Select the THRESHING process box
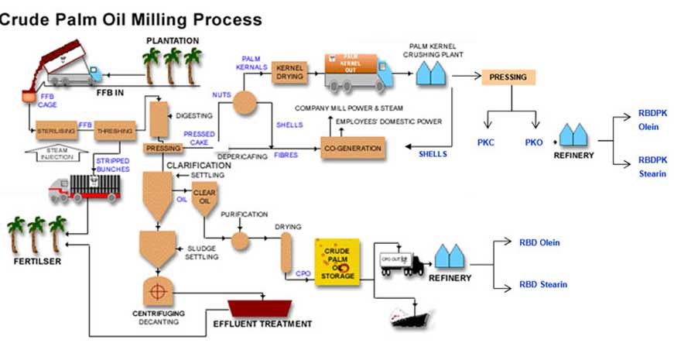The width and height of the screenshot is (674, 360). point(115,131)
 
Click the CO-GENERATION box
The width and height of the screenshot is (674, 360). point(353,148)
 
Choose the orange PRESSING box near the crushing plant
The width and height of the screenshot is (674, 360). point(507,77)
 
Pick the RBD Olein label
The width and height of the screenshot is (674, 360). point(539,242)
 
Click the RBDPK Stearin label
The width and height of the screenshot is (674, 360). point(652,166)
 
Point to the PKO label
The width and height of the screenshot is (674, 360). point(534,142)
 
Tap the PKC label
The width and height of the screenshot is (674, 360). point(487,142)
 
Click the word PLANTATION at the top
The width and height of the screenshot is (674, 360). point(173,40)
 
